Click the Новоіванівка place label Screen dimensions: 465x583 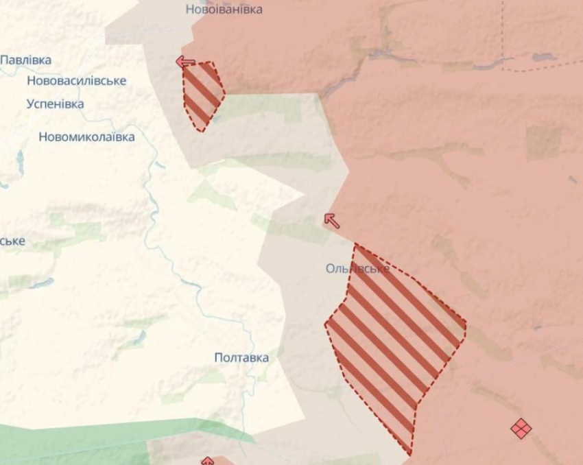click(x=224, y=10)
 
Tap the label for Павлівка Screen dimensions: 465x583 click(x=26, y=60)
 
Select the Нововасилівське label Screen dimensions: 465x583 click(x=77, y=81)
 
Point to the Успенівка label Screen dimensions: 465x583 click(x=56, y=104)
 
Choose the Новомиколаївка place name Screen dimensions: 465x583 click(x=86, y=137)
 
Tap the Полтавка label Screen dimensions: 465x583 click(x=241, y=358)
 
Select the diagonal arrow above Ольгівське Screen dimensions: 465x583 click(x=331, y=220)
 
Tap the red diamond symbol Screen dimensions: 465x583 click(x=521, y=429)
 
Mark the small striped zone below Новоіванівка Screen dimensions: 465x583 click(x=203, y=95)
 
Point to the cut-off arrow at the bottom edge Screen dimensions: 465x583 click(x=207, y=461)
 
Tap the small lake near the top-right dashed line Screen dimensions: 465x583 click(x=544, y=58)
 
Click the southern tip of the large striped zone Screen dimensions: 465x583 click(x=410, y=453)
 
